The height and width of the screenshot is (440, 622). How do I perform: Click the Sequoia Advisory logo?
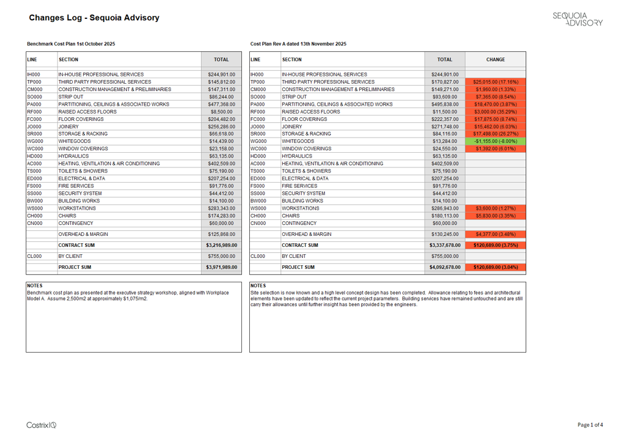click(577, 18)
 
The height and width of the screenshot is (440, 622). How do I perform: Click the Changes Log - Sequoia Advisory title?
click(94, 18)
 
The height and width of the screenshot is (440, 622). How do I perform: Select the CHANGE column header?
click(495, 60)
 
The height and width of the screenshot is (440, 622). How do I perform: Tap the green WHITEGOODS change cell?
click(495, 141)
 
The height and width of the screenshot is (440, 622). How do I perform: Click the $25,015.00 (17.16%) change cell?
click(495, 82)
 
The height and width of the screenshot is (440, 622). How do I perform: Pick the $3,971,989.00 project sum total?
click(221, 267)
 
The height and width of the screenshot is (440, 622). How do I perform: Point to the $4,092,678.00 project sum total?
click(445, 267)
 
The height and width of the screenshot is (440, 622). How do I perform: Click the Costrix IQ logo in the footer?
click(42, 425)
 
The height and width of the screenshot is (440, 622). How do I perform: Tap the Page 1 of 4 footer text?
click(590, 425)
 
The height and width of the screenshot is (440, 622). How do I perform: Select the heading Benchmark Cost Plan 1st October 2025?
click(71, 44)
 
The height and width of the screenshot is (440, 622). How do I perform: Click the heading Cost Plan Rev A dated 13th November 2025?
click(298, 44)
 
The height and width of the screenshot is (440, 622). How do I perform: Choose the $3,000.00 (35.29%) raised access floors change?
click(495, 112)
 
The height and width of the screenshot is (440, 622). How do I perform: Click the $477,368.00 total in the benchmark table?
click(221, 105)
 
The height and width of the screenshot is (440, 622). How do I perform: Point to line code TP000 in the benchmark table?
click(34, 82)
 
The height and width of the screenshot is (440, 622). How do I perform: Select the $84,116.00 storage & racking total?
click(445, 134)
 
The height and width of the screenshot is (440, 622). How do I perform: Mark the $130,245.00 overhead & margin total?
click(445, 234)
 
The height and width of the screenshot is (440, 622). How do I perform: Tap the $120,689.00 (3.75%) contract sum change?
click(495, 245)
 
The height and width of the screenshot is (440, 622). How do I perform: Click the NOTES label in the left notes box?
click(35, 285)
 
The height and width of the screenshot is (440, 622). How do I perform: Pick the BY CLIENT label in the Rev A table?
click(294, 257)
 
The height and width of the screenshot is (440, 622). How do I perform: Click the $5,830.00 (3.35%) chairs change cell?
click(495, 216)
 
